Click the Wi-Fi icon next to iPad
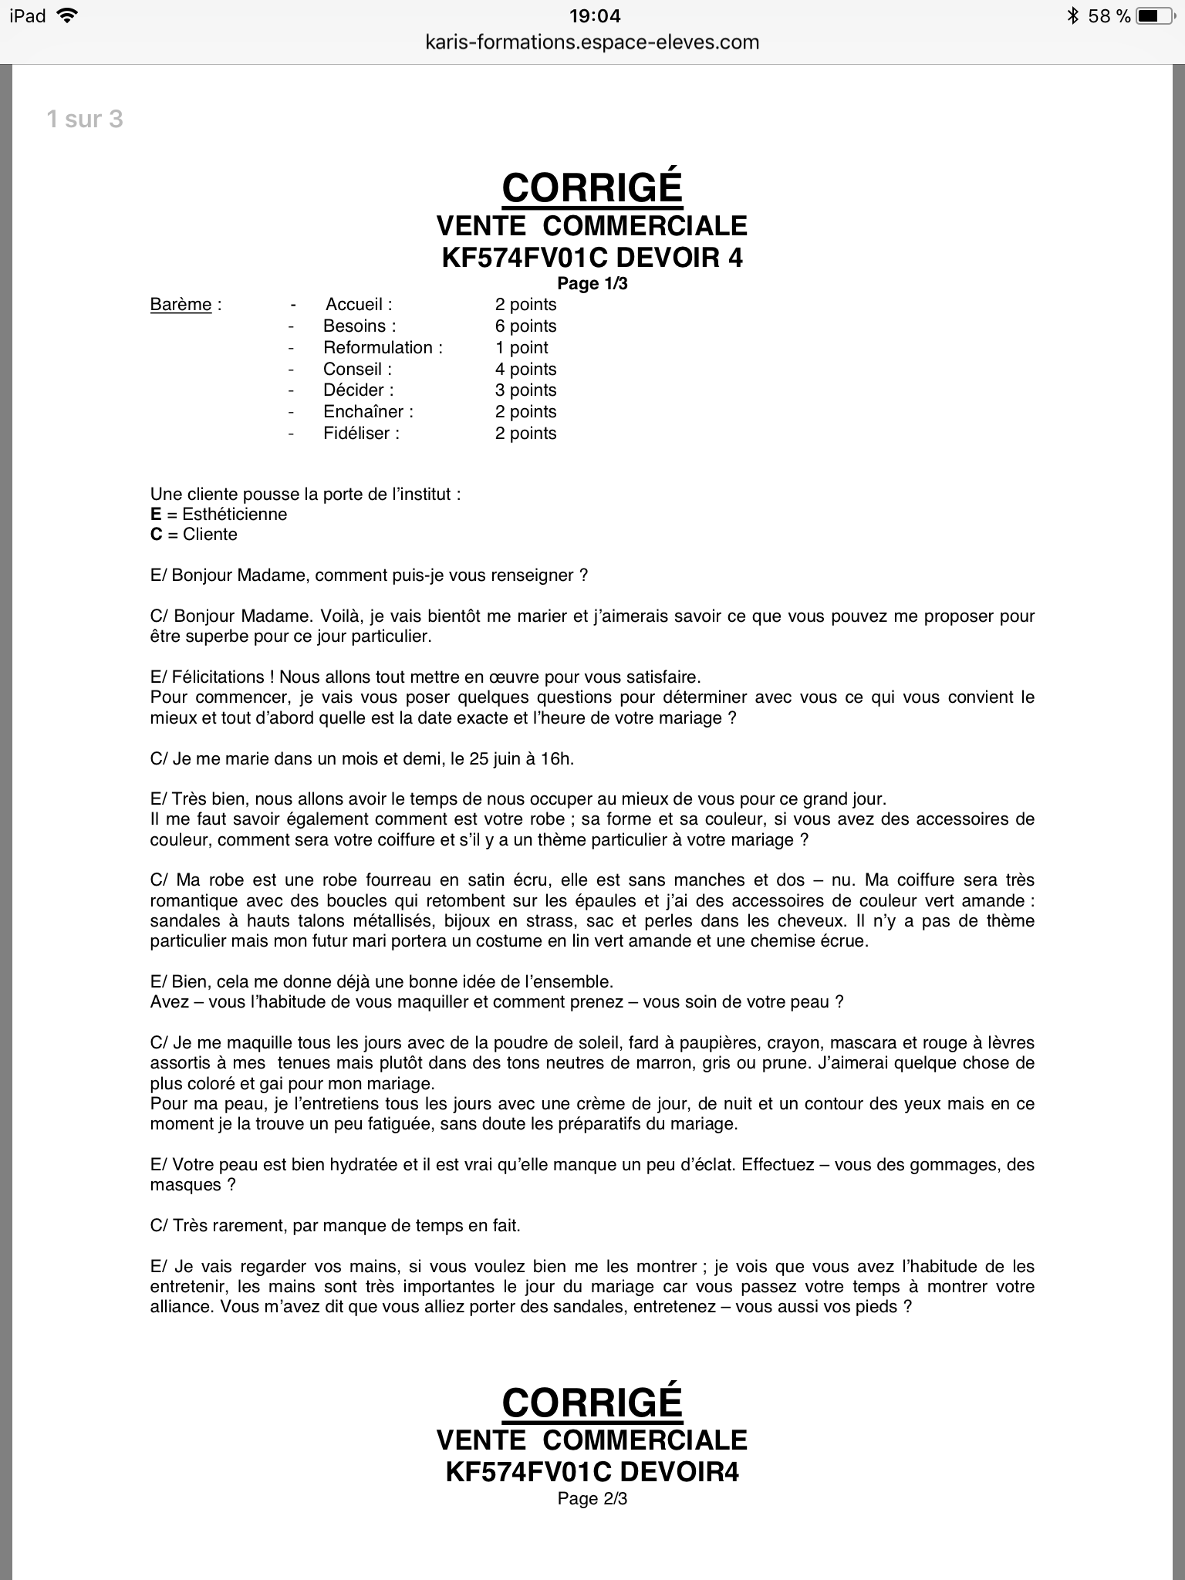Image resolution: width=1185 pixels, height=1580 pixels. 68,15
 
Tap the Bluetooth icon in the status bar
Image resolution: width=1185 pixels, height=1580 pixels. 1072,15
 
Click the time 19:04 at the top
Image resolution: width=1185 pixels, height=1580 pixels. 592,15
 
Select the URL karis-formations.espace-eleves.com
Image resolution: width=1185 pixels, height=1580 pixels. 592,42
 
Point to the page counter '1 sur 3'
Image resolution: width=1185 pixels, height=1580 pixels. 85,119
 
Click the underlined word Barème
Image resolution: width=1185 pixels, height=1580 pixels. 181,305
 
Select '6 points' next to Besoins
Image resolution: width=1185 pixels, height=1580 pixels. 525,326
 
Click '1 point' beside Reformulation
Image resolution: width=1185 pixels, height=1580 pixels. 522,348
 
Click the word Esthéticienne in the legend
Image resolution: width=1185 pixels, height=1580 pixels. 235,515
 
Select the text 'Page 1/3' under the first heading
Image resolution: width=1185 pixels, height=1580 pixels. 592,284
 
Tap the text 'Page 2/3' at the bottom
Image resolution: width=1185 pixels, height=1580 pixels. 592,1498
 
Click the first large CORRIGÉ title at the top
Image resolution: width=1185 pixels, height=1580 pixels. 592,187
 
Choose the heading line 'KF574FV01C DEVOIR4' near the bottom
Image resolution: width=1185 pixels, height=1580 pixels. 592,1472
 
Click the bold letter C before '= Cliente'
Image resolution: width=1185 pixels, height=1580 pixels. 157,535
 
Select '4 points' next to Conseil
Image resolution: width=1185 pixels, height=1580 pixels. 525,370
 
